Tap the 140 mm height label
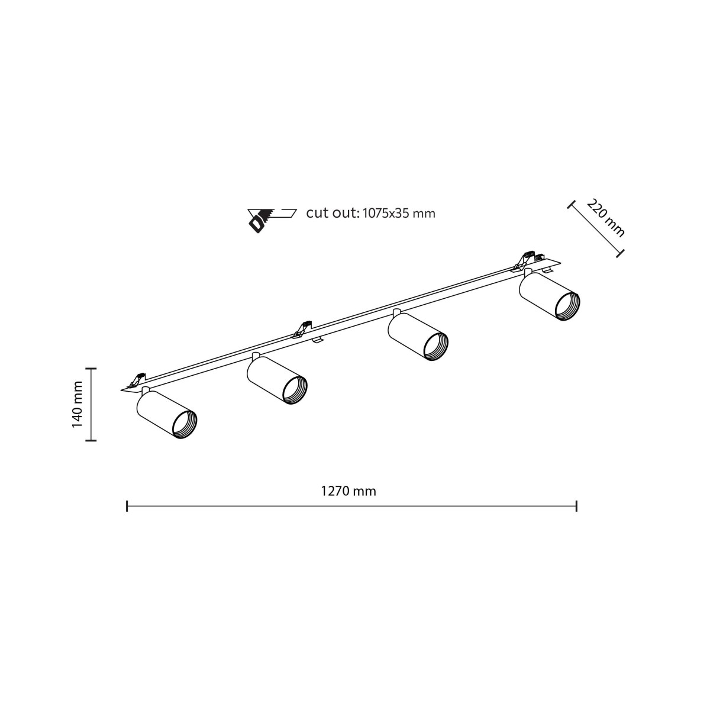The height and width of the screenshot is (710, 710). coord(78,404)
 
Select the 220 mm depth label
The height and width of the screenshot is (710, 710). coord(605,217)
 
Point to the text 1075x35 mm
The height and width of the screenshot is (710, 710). coord(398,213)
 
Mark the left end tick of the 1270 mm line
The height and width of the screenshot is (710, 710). coord(127,506)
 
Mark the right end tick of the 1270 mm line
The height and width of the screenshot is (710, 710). coord(576,506)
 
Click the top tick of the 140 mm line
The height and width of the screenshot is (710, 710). coord(91,368)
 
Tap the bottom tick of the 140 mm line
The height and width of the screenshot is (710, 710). coord(91,440)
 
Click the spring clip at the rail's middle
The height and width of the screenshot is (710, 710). coord(304,327)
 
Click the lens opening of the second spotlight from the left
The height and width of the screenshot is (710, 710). coord(294,390)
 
